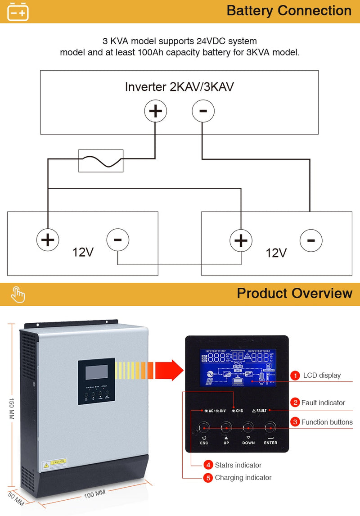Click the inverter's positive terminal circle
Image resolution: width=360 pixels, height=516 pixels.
point(155,111)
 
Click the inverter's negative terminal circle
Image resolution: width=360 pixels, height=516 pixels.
point(203,111)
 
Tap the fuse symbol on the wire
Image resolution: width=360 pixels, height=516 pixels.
point(101,161)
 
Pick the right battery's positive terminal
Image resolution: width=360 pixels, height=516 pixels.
point(241,240)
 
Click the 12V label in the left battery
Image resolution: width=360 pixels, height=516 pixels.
point(83,252)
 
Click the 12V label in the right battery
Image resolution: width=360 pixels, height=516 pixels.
point(276,253)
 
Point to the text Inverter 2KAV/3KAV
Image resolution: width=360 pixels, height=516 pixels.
point(179,87)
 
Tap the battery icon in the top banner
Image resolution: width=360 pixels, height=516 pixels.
point(18,12)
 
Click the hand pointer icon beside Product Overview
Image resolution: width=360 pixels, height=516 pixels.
point(18,294)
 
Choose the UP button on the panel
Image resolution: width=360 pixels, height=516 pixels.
point(226,427)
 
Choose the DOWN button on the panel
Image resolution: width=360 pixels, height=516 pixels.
point(248,427)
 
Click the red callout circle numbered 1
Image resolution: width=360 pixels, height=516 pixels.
point(295,376)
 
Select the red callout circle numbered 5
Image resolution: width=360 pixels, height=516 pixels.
point(208,478)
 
